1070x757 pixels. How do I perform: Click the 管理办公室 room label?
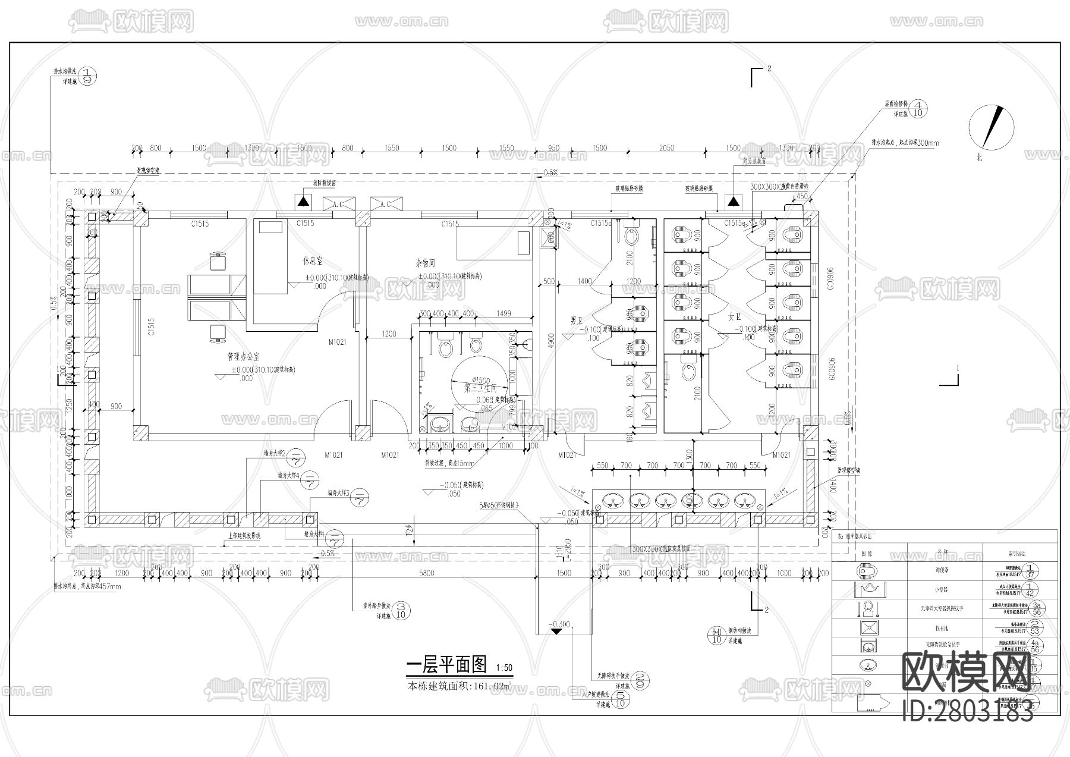tap(243, 357)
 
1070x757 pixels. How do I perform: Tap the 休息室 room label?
tap(312, 261)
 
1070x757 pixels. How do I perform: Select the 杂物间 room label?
tap(426, 262)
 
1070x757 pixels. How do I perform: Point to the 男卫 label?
tap(576, 321)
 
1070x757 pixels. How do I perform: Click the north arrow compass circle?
tap(990, 127)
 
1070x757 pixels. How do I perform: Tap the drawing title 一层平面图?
tap(446, 664)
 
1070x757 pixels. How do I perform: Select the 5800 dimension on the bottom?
tap(427, 573)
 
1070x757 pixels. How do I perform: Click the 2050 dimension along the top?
tap(666, 148)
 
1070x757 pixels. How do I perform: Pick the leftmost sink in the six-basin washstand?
tap(613, 501)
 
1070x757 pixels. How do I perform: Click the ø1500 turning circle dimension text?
tap(480, 380)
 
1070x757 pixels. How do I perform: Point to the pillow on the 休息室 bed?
tap(270, 227)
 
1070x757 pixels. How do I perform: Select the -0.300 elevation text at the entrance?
tap(560, 625)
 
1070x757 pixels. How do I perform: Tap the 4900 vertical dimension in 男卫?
tap(551, 340)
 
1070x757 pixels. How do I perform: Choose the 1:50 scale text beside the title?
tap(503, 668)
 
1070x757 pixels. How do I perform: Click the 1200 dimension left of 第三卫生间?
tap(389, 334)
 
